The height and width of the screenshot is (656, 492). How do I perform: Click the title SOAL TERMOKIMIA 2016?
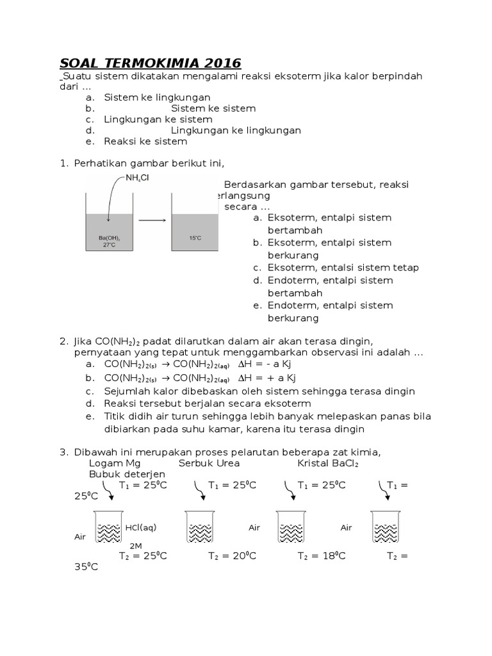(x=150, y=63)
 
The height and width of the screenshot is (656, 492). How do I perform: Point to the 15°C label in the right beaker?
(x=195, y=238)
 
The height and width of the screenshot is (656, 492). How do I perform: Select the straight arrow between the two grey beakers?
(x=152, y=220)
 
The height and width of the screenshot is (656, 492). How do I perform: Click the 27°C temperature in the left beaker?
(x=110, y=245)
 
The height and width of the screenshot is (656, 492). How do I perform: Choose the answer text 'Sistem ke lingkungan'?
(x=157, y=97)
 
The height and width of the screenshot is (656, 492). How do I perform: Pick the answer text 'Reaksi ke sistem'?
(x=145, y=141)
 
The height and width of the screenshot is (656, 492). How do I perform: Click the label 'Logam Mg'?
(x=115, y=463)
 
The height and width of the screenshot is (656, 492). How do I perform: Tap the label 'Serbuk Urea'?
(x=209, y=463)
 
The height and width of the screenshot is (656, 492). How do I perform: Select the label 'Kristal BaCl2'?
(x=328, y=463)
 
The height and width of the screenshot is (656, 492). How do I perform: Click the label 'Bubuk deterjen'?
(x=127, y=473)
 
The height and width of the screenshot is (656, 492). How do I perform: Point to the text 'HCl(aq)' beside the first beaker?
(x=142, y=527)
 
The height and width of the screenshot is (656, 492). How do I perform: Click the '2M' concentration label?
(x=136, y=545)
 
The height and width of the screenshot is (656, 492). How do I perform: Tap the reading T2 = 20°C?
(x=232, y=555)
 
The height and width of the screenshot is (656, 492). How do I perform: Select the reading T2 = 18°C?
(x=321, y=555)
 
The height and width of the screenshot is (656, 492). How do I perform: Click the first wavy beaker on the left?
(x=108, y=528)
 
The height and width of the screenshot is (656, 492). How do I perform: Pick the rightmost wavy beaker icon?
(x=386, y=528)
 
